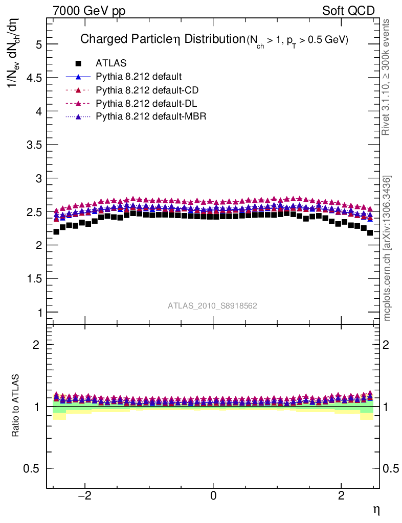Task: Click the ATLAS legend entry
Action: [x=111, y=63]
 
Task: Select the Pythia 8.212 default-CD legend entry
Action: [x=147, y=90]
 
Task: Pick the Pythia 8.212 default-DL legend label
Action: [x=147, y=104]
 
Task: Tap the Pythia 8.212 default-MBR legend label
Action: [x=151, y=117]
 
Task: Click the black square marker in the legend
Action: [x=78, y=63]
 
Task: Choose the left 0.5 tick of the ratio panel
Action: [x=31, y=469]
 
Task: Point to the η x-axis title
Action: [x=376, y=509]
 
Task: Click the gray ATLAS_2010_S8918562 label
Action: [x=212, y=306]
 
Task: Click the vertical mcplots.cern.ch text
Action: [x=388, y=249]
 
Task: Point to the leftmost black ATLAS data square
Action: [x=56, y=231]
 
